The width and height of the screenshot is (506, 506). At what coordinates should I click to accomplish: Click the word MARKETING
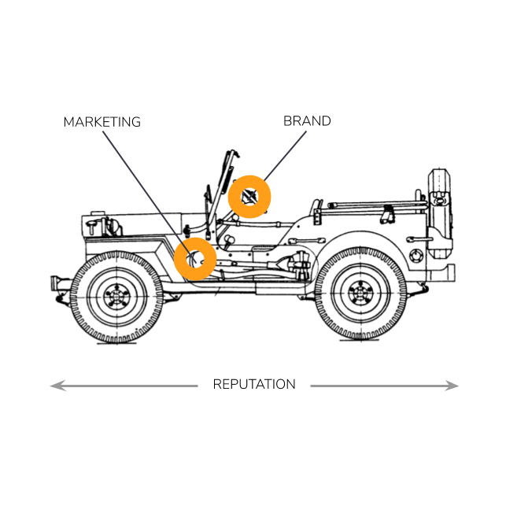102,122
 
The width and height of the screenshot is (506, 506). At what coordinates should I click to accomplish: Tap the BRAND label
307,121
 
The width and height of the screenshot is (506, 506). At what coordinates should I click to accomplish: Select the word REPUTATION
254,384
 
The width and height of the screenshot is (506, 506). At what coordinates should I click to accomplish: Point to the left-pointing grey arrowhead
58,386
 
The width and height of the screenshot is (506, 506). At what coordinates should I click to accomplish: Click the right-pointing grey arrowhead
451,386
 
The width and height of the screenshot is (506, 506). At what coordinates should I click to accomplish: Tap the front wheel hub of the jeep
116,296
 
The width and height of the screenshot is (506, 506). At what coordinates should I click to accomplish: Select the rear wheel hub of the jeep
360,293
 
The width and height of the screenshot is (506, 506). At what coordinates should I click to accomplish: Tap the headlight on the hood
113,226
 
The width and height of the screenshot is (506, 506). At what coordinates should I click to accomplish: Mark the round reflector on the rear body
416,256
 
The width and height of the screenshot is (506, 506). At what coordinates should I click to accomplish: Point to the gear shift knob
230,239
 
